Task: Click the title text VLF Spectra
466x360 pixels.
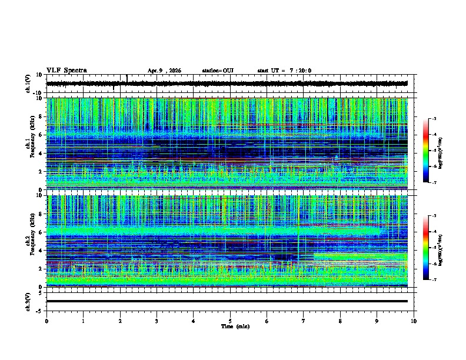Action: (66, 71)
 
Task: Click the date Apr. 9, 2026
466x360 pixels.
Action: (164, 71)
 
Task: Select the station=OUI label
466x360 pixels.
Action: (218, 71)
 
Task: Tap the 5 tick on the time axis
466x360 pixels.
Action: (230, 321)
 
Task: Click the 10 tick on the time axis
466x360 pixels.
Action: (414, 321)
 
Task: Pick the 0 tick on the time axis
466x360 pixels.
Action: (46, 321)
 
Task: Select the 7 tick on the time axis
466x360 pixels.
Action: (304, 321)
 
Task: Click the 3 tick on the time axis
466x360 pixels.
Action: (157, 321)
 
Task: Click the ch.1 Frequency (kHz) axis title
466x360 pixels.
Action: (29, 144)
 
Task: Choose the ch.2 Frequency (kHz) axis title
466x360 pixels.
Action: (29, 241)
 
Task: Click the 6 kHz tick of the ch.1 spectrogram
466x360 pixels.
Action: (41, 135)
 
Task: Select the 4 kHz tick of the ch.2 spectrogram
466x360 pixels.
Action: (41, 251)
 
